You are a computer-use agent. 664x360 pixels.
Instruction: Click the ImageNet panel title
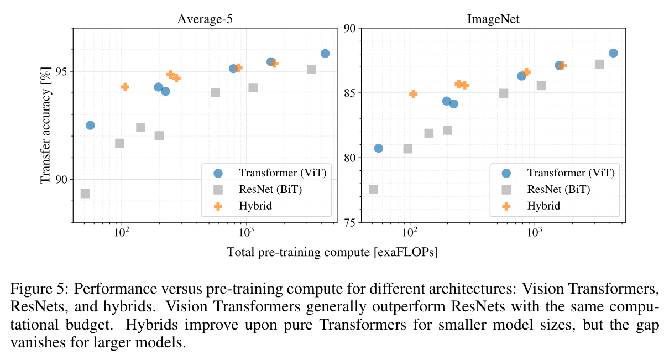[x=490, y=18]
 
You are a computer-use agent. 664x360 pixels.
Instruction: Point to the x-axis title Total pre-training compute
[x=332, y=252]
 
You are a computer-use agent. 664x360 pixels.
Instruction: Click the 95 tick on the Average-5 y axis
[x=62, y=71]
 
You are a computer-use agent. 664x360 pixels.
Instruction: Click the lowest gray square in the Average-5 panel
[x=85, y=194]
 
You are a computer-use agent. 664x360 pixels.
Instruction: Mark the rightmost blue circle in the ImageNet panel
[x=613, y=53]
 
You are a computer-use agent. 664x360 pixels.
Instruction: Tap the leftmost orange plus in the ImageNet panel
[x=413, y=94]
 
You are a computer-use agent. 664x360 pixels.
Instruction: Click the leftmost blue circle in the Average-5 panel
[x=90, y=126]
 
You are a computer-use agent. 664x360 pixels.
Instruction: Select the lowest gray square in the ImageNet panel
[x=373, y=190]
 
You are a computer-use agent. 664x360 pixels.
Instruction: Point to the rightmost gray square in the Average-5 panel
[x=311, y=70]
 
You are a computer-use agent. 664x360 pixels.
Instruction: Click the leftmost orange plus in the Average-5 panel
[x=125, y=87]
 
